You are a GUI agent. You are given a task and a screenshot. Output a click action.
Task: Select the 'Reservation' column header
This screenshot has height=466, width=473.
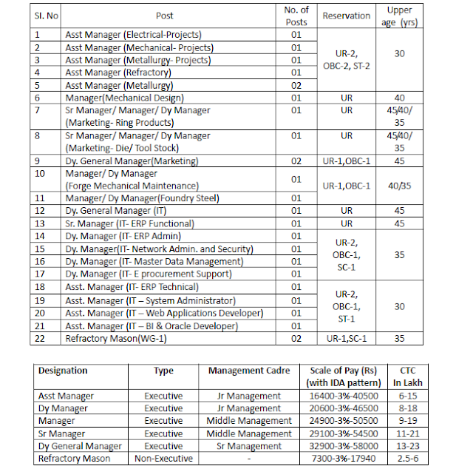pos(346,16)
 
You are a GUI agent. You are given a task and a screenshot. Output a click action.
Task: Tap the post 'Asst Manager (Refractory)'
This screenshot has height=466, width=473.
pos(118,72)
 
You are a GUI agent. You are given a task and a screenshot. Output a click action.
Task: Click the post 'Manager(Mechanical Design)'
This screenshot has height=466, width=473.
pos(124,98)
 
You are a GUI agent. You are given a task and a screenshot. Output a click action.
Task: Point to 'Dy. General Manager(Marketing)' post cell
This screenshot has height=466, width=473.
pos(132,161)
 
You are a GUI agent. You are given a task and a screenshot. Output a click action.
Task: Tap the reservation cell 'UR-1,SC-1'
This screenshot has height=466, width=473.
pos(346,338)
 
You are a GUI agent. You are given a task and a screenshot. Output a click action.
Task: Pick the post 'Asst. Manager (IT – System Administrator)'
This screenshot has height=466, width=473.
pos(150,300)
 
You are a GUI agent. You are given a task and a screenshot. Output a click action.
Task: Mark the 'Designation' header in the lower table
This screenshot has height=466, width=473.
pos(63,371)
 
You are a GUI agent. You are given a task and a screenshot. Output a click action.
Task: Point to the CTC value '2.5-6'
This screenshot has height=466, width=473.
pos(408,459)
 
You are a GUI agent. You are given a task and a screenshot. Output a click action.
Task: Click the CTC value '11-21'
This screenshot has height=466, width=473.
pos(408,433)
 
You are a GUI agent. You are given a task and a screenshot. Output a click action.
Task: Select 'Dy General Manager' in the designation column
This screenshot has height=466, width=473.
pos(80,446)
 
